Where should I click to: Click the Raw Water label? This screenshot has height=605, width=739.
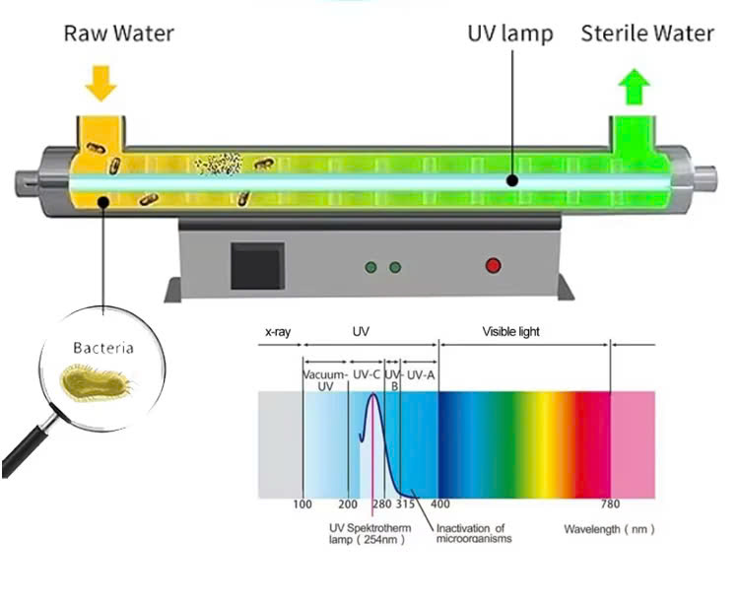coord(118,34)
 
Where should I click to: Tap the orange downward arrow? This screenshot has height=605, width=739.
coord(101,84)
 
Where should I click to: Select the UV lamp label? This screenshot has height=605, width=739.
coord(509,34)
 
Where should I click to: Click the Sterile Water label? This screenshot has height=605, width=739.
coord(646,34)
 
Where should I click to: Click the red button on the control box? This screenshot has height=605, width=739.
coord(493,265)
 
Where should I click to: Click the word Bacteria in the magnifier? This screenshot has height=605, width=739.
coord(102,348)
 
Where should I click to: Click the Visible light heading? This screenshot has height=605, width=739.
coord(510,332)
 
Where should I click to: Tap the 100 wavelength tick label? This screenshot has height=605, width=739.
coord(302,504)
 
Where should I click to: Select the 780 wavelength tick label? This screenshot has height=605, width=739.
coord(611,504)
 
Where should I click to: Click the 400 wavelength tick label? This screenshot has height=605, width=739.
coord(439,504)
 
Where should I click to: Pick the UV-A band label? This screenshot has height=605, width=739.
coord(421,374)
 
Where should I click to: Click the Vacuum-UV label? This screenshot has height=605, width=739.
coord(326,380)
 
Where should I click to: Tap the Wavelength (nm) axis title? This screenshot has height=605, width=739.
coord(608,529)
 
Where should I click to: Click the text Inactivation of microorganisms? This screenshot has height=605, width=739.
coord(473,533)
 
